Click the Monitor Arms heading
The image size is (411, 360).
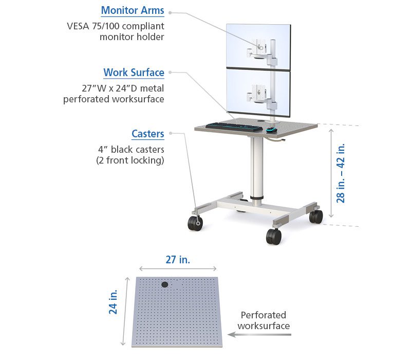[133, 10]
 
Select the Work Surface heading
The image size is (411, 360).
[134, 73]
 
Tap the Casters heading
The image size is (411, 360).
[148, 134]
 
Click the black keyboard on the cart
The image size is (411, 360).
[234, 127]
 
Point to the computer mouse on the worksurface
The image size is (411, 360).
[271, 130]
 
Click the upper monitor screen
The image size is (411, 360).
[258, 46]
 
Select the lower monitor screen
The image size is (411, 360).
[258, 93]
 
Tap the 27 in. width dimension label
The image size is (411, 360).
[178, 260]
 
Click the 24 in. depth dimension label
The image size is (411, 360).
[113, 302]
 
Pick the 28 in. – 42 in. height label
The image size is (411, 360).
[341, 173]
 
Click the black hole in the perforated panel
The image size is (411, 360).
[164, 284]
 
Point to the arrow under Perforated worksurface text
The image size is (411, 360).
[259, 335]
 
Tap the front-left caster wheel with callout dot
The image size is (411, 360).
[195, 224]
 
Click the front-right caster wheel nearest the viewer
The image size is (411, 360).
[274, 237]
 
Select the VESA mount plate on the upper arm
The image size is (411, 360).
[261, 47]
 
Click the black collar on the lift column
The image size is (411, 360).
[256, 197]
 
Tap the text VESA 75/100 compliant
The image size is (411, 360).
[116, 26]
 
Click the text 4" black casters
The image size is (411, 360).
[131, 150]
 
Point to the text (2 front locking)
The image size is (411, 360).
[130, 160]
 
